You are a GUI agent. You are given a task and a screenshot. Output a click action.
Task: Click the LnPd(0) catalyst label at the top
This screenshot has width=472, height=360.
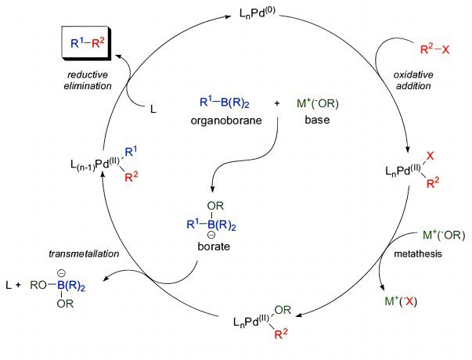(257, 13)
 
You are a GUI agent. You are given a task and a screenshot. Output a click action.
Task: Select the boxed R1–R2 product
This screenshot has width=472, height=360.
(87, 43)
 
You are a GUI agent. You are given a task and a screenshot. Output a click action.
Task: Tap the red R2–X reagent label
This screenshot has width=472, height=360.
(434, 49)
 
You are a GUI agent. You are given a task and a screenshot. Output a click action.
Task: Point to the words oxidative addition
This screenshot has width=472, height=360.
(413, 80)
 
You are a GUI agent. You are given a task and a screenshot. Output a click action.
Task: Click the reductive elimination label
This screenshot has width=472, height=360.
(88, 80)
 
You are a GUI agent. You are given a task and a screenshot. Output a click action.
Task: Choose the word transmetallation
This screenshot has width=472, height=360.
(84, 254)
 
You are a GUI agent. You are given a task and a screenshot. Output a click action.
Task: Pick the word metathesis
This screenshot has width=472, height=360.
(418, 254)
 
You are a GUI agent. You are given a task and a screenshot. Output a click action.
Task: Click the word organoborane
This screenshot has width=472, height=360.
(226, 121)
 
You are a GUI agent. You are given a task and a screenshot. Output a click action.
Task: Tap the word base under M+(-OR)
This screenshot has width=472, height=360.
(317, 120)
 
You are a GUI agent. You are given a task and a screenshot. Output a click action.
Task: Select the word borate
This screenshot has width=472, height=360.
(214, 247)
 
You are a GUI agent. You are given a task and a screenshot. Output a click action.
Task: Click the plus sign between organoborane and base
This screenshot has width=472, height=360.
(277, 103)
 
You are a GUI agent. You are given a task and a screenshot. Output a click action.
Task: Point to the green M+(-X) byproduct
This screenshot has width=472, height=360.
(401, 301)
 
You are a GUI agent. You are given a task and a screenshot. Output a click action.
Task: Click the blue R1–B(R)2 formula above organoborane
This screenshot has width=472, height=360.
(225, 103)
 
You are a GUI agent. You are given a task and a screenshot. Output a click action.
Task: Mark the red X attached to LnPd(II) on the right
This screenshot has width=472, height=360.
(431, 156)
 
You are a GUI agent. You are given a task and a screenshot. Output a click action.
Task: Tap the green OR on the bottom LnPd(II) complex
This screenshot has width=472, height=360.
(283, 310)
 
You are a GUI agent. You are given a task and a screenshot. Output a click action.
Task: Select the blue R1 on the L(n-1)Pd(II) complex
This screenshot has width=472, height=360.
(131, 152)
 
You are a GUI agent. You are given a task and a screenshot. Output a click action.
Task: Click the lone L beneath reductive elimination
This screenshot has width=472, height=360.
(153, 110)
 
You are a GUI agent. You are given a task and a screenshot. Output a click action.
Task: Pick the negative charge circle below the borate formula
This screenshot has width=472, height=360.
(211, 235)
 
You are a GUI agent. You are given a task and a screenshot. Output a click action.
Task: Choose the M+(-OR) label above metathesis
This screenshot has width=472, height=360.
(444, 235)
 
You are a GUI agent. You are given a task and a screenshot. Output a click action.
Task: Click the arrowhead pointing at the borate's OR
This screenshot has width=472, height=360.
(212, 189)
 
